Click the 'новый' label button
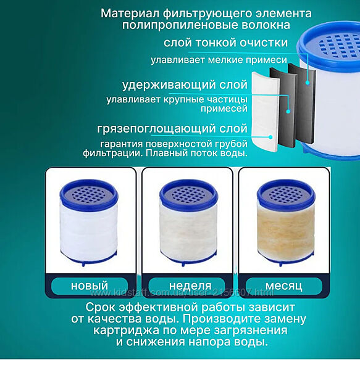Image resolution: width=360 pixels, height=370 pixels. point(90,286)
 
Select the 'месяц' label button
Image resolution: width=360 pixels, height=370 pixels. point(283,286)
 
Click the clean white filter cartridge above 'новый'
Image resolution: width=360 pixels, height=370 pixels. point(89,223)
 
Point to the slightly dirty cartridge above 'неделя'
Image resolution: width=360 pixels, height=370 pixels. point(188,223)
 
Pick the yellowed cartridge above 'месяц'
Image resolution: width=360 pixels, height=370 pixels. point(286,223)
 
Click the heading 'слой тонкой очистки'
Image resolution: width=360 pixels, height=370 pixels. point(225,43)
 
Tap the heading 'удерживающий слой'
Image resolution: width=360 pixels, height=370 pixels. point(185,84)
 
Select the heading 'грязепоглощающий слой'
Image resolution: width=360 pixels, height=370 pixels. point(172,129)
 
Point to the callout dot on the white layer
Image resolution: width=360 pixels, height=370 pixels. point(270,137)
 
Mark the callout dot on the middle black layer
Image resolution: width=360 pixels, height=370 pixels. point(288,112)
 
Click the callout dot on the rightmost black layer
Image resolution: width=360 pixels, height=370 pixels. point(308,83)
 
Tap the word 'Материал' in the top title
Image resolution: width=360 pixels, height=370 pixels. point(130,13)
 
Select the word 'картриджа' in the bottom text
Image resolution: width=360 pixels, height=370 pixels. point(126,330)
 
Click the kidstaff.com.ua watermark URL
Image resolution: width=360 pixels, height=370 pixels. point(182,293)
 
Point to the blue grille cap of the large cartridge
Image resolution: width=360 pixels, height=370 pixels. point(335,45)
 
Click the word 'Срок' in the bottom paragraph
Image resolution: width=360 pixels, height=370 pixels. point(101,307)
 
